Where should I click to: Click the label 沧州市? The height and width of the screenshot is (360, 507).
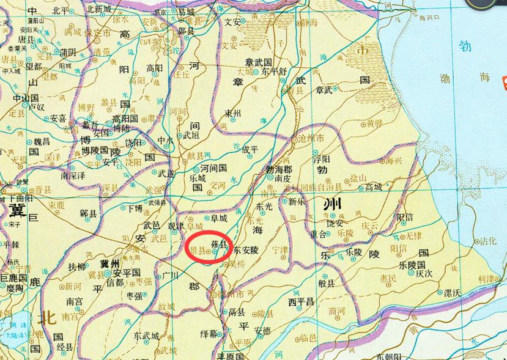click(313, 140)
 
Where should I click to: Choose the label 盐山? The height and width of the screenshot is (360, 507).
click(358, 178)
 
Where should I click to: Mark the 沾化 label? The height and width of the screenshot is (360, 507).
click(489, 241)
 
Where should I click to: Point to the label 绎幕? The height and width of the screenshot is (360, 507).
click(209, 333)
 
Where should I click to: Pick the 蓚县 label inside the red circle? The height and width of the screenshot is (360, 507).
click(219, 243)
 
